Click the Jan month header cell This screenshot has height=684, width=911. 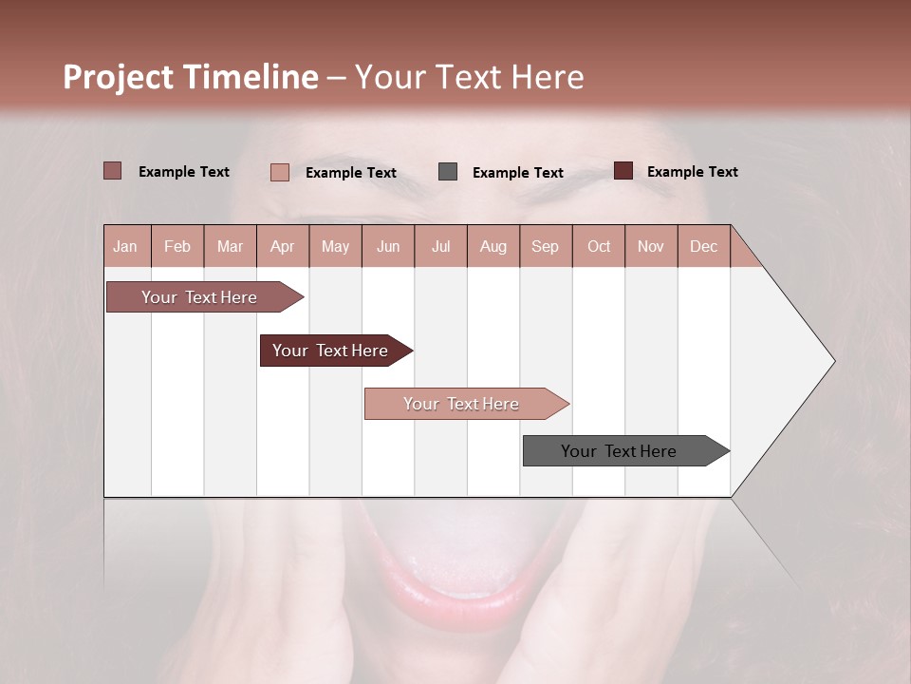click(x=126, y=246)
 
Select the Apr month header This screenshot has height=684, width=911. click(x=282, y=246)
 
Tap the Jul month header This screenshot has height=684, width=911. click(x=440, y=246)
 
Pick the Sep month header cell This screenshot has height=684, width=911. click(x=545, y=246)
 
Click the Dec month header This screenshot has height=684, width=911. click(x=703, y=246)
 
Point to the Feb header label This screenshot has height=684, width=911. click(x=177, y=246)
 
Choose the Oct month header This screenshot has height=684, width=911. click(x=598, y=246)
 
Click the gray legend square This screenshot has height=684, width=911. click(x=448, y=172)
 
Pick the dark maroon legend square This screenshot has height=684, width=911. click(x=623, y=171)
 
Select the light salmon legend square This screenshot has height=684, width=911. click(x=280, y=172)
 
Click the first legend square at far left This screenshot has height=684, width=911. click(x=113, y=171)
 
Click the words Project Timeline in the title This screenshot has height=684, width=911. click(x=190, y=77)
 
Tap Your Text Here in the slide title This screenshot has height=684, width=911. click(x=470, y=77)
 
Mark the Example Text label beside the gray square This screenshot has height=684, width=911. click(x=517, y=173)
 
